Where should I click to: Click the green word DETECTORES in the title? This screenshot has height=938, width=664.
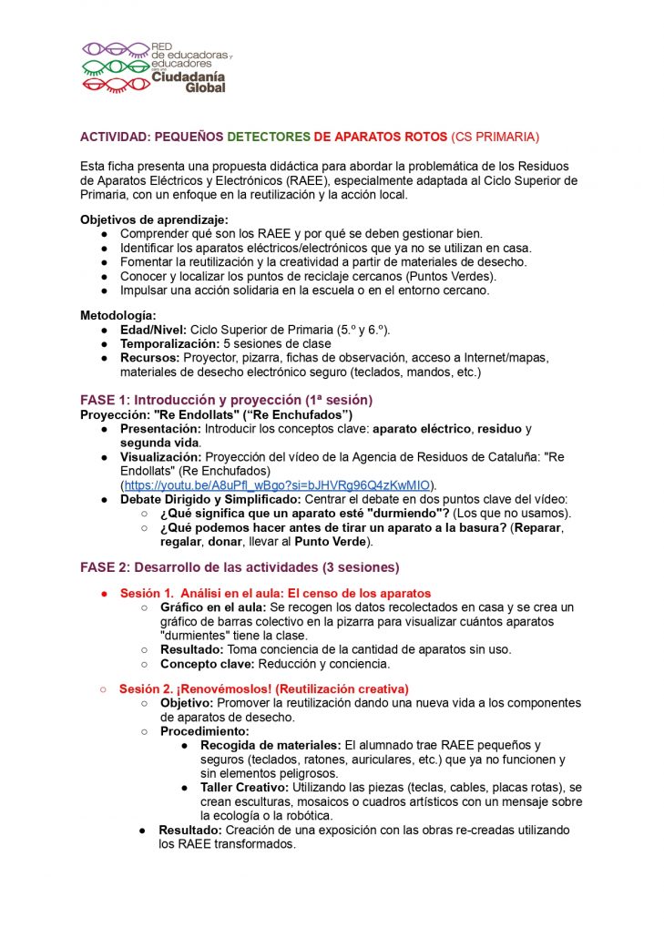(x=269, y=137)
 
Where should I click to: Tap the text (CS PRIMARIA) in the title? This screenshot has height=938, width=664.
(x=495, y=137)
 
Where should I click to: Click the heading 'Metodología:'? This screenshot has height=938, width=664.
(x=117, y=314)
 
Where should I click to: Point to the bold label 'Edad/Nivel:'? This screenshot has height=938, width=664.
(x=153, y=328)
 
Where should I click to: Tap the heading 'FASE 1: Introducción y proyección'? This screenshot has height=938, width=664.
(x=226, y=400)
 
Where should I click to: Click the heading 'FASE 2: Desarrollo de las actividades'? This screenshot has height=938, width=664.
(x=240, y=566)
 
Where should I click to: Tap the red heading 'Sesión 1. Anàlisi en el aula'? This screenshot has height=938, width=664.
(x=275, y=593)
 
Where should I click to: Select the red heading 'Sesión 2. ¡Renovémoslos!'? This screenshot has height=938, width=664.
(x=264, y=688)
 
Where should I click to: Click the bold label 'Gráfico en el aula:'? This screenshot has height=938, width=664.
(x=213, y=607)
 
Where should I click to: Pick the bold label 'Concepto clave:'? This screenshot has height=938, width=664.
(x=206, y=664)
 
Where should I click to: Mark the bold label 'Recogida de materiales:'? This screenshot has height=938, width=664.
(x=271, y=745)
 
